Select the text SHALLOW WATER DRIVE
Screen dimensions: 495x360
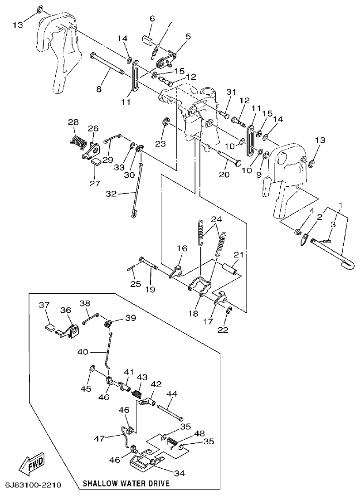click(126, 484)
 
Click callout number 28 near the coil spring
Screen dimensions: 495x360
click(73, 122)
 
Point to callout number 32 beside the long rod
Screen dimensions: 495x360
click(112, 194)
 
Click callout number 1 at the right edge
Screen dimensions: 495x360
click(341, 205)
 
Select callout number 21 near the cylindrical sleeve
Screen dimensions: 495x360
click(239, 255)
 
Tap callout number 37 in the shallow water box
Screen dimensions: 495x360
click(44, 305)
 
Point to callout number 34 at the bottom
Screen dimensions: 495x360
click(180, 473)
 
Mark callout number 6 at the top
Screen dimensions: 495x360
click(152, 19)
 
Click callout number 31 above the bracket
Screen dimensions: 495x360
click(232, 92)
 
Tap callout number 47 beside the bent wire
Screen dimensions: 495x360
click(100, 438)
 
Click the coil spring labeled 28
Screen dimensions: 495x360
click(79, 141)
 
